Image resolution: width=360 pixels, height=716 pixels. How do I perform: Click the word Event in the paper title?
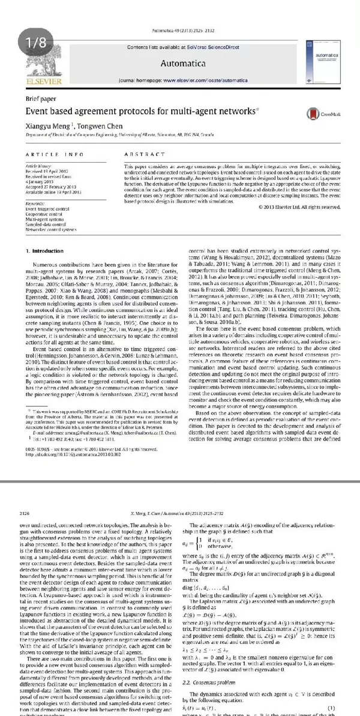38,112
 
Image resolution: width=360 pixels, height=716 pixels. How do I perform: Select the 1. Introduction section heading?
46,250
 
